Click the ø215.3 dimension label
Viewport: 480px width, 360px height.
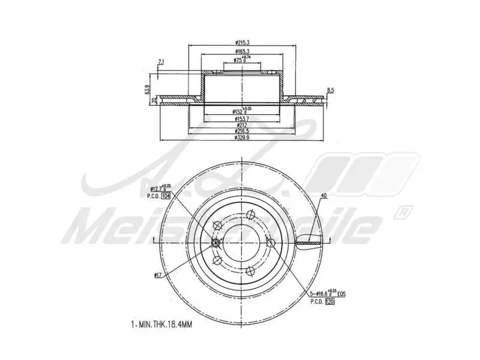coord(243,43)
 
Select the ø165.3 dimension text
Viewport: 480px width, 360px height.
coord(243,52)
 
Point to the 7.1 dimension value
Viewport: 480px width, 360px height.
coord(160,62)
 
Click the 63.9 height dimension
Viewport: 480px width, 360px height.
coord(147,89)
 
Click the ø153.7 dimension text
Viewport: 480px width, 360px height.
coord(242,118)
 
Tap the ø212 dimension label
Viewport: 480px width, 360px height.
coord(242,125)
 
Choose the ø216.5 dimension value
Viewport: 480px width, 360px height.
coord(242,131)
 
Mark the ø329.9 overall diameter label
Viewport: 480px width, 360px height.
coord(242,138)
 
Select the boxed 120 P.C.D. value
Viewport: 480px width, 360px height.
coord(329,302)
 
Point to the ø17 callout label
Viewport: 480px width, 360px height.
coord(158,275)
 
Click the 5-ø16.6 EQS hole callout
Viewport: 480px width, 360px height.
coord(327,294)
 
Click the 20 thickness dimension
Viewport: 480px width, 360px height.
coord(154,100)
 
